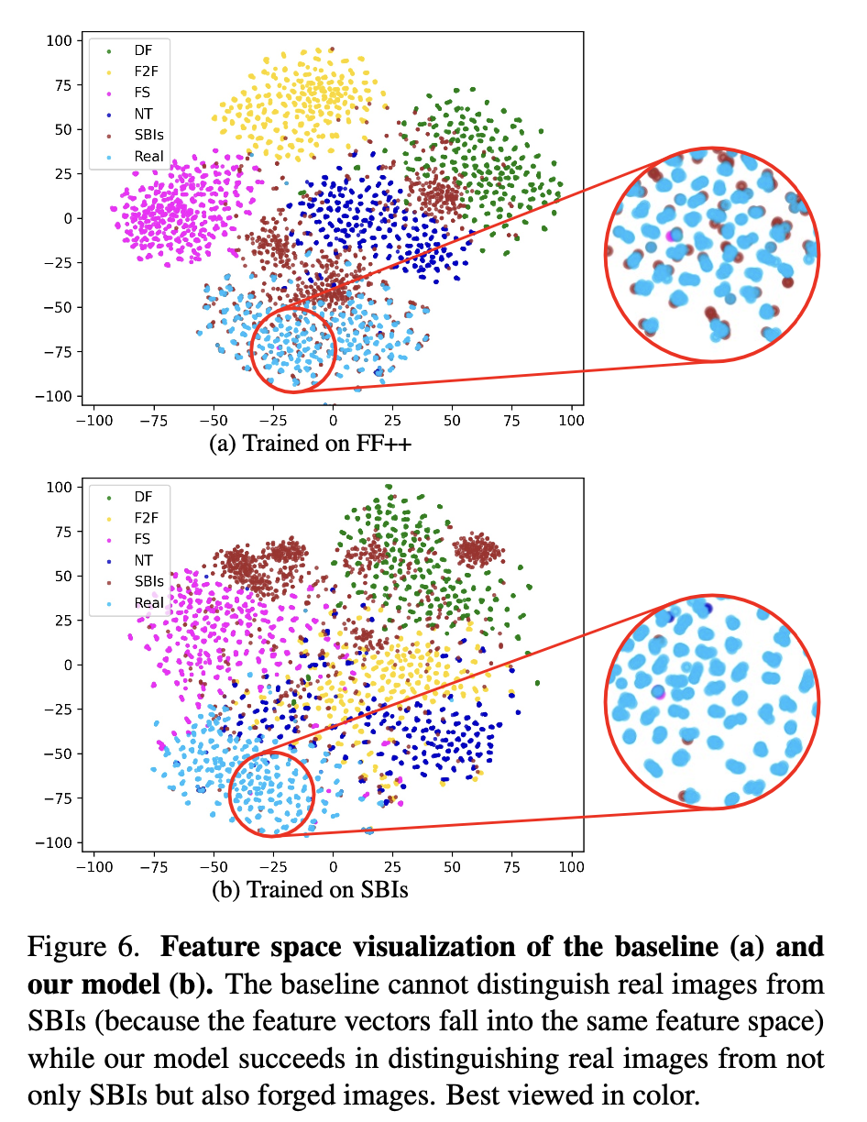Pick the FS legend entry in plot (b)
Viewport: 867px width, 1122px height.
pyautogui.click(x=130, y=539)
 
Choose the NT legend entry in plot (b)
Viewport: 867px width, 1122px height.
pyautogui.click(x=130, y=560)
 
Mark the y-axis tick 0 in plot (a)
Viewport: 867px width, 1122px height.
pyautogui.click(x=69, y=218)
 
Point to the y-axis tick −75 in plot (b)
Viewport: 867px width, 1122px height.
pyautogui.click(x=59, y=797)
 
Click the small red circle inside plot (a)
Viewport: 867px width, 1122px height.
pyautogui.click(x=293, y=349)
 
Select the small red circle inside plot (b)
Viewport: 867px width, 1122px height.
pyautogui.click(x=270, y=792)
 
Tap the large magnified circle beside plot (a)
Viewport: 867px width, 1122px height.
pyautogui.click(x=712, y=254)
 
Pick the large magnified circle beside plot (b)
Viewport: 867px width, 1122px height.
pyautogui.click(x=712, y=702)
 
